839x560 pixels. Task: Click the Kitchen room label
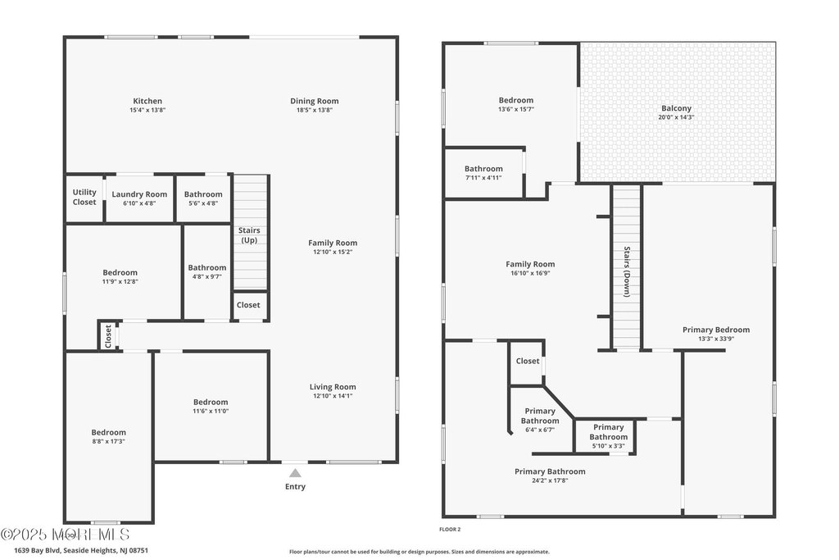tap(147, 101)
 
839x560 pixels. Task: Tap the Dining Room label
tap(314, 101)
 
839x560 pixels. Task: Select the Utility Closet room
tap(84, 197)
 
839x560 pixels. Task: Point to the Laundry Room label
tap(139, 194)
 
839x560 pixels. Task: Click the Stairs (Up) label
tap(249, 235)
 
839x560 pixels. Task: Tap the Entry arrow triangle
tap(295, 472)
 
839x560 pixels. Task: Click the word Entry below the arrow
tap(295, 487)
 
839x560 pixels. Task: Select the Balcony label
tap(676, 108)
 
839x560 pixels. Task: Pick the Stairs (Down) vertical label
tap(627, 271)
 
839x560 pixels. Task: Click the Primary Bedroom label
tap(715, 330)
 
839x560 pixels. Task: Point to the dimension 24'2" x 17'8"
tap(550, 481)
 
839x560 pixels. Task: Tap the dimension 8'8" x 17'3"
tap(108, 441)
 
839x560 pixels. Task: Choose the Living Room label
tap(333, 387)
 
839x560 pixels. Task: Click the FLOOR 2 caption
tap(450, 530)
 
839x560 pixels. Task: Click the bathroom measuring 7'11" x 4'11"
tap(483, 173)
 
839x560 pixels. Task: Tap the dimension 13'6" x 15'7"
tap(515, 109)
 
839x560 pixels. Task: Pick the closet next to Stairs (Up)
tap(248, 305)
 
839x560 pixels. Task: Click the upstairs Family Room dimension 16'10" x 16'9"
tap(530, 274)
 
